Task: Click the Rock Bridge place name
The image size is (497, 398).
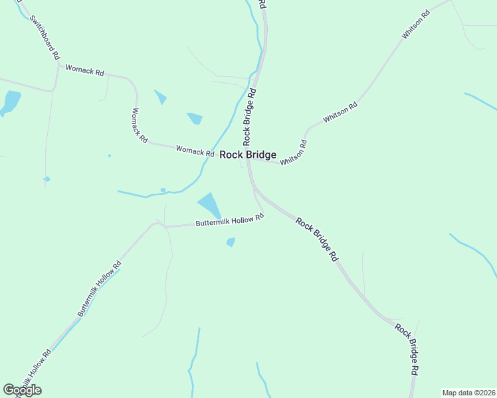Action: (x=248, y=155)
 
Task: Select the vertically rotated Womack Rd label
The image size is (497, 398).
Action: (x=140, y=124)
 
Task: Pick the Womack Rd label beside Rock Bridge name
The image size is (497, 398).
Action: (x=195, y=151)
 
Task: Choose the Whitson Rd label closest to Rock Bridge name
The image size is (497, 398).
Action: (x=294, y=153)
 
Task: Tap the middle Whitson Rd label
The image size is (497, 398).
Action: (x=340, y=111)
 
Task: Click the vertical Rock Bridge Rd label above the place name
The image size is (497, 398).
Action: (x=250, y=117)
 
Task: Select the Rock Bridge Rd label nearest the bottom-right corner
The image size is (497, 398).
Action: (x=407, y=349)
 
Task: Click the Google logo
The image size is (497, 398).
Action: (x=22, y=390)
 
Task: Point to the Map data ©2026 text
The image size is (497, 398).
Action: (x=468, y=393)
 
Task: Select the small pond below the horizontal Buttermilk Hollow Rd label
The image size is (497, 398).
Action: (x=231, y=242)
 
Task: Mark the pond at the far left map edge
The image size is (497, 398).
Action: (x=11, y=101)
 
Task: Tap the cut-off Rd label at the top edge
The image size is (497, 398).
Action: (x=263, y=3)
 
